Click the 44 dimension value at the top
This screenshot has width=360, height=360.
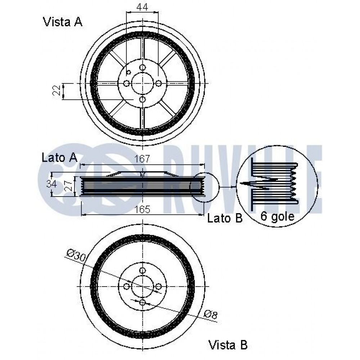pyautogui.click(x=142, y=7)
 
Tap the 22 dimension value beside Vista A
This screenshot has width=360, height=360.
pyautogui.click(x=57, y=90)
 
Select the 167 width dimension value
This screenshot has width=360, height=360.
pyautogui.click(x=142, y=159)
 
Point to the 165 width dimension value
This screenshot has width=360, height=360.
pyautogui.click(x=142, y=210)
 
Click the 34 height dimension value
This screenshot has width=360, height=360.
pyautogui.click(x=51, y=184)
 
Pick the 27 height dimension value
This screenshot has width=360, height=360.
pyautogui.click(x=68, y=186)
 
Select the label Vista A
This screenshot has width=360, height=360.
pyautogui.click(x=63, y=22)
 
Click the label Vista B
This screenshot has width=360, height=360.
pyautogui.click(x=228, y=345)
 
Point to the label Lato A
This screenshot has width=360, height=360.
pyautogui.click(x=59, y=158)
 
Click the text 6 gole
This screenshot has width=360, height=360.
pyautogui.click(x=277, y=216)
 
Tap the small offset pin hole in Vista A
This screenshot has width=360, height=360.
pyautogui.click(x=129, y=72)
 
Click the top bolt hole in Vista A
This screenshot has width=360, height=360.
pyautogui.click(x=143, y=68)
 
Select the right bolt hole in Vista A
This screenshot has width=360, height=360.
pyautogui.click(x=159, y=83)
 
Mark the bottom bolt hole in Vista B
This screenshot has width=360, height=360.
pyautogui.click(x=143, y=302)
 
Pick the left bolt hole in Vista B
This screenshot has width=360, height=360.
pyautogui.click(x=126, y=286)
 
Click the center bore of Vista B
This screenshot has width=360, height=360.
pyautogui.click(x=143, y=286)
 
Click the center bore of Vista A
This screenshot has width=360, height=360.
pyautogui.click(x=143, y=83)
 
